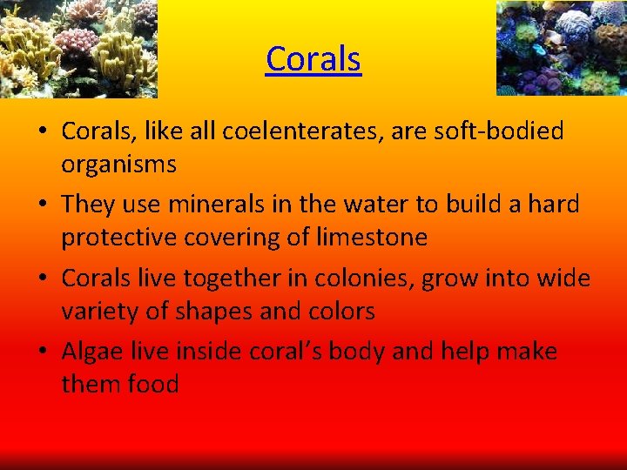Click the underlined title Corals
point(313,59)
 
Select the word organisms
point(119,164)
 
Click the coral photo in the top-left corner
point(78,47)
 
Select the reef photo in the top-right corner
point(562,47)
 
